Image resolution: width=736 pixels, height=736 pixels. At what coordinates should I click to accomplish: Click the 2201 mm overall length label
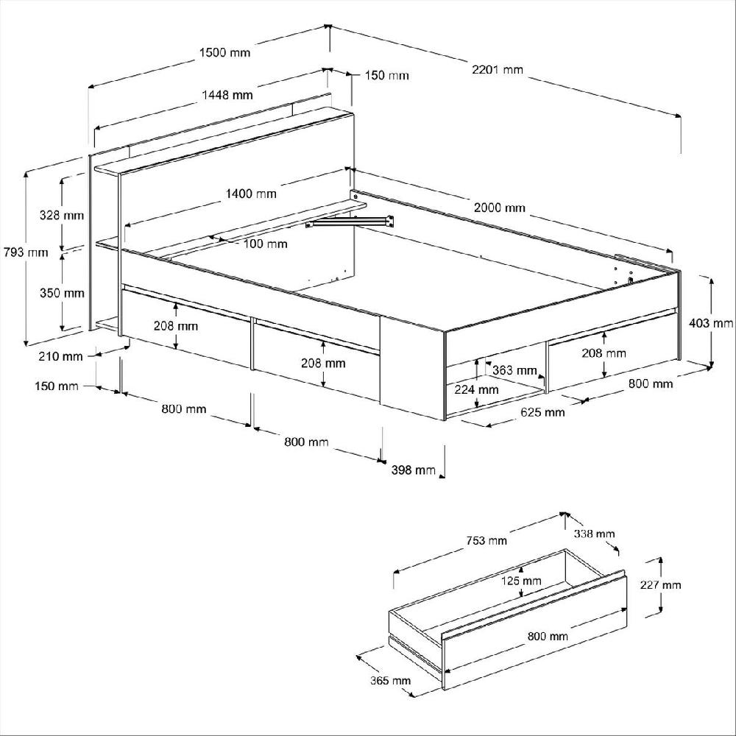click(498, 70)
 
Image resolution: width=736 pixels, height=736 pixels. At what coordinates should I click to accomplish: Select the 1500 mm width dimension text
click(224, 52)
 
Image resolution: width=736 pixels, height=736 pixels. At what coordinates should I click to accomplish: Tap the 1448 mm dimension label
click(227, 95)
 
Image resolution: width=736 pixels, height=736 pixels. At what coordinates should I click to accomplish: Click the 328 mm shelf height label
click(62, 216)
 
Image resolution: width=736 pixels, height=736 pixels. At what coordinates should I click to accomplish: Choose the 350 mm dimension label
click(62, 293)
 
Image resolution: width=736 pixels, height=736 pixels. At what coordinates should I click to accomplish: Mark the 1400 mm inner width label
click(251, 194)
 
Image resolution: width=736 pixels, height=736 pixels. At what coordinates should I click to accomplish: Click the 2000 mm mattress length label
click(500, 208)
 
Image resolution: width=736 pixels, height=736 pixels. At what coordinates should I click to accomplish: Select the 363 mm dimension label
click(514, 370)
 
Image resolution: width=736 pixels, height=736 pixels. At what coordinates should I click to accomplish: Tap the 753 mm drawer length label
click(486, 541)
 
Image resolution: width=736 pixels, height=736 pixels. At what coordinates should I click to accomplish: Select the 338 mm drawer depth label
click(595, 534)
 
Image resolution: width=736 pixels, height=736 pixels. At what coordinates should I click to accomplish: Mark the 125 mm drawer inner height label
click(521, 581)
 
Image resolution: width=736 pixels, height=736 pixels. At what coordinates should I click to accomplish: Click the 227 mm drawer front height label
click(660, 585)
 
